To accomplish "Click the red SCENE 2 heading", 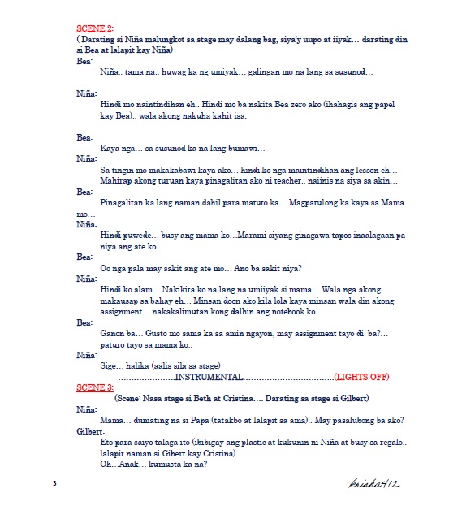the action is (x=94, y=29).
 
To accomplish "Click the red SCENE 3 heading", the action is (x=94, y=387).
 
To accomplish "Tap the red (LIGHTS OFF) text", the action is (x=361, y=377).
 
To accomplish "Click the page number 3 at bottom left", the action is (x=54, y=484).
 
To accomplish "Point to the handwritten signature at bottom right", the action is (x=373, y=483).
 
